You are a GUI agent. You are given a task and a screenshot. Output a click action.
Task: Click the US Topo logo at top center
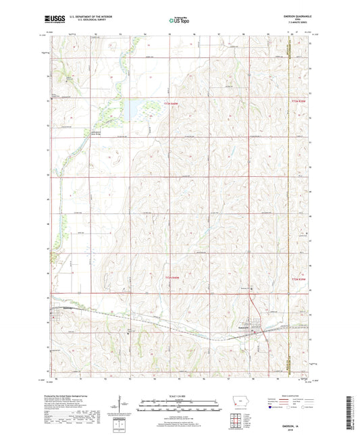coord(178,21)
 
